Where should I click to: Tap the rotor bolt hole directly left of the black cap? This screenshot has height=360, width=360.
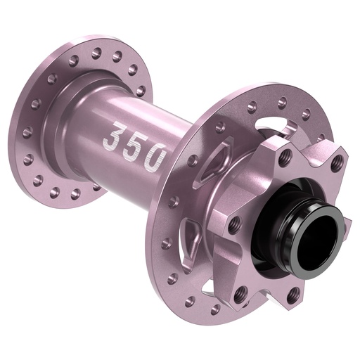tap(235, 224)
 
